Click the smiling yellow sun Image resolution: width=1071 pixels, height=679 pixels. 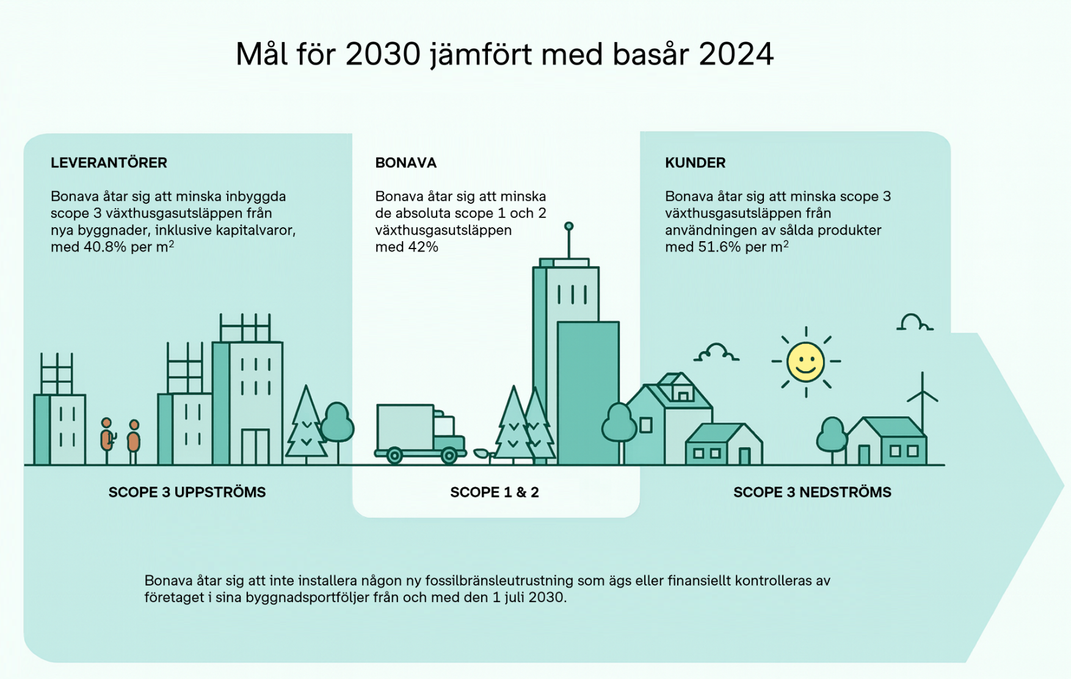click(805, 362)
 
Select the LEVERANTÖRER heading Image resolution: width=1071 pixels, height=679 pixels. click(109, 163)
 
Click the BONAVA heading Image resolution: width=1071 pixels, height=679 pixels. click(405, 163)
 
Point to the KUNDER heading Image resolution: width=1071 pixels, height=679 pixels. click(695, 163)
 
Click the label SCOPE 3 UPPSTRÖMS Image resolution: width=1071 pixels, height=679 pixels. click(187, 492)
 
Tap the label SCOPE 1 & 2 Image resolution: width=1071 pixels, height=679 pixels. click(495, 492)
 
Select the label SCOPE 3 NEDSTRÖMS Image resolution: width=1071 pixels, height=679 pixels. click(812, 492)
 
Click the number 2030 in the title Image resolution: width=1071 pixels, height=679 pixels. click(383, 54)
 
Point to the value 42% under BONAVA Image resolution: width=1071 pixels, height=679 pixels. click(423, 247)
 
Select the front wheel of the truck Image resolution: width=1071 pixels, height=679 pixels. click(449, 456)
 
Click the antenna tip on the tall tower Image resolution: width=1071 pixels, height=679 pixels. click(568, 227)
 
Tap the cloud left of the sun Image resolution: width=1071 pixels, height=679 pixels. click(716, 353)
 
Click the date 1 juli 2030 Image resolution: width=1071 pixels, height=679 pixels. click(529, 597)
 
